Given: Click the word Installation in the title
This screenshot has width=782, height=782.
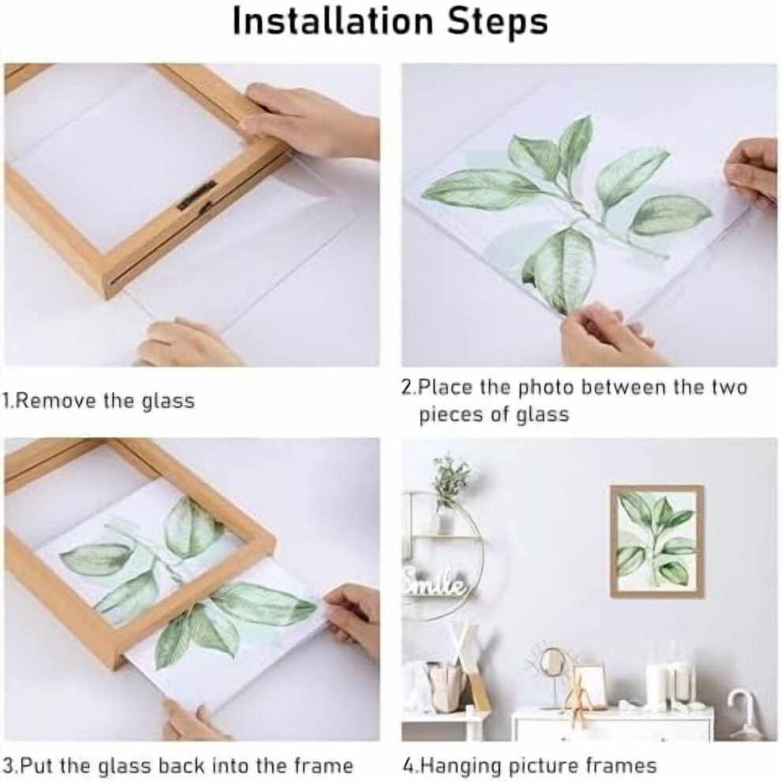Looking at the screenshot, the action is [333, 21].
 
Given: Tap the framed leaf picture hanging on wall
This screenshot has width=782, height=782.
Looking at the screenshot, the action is [657, 541].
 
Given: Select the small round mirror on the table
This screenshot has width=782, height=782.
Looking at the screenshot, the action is [551, 664].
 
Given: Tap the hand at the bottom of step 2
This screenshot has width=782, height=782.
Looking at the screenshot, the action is [607, 335].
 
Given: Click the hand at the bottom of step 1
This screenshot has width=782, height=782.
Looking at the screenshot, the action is [185, 344].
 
